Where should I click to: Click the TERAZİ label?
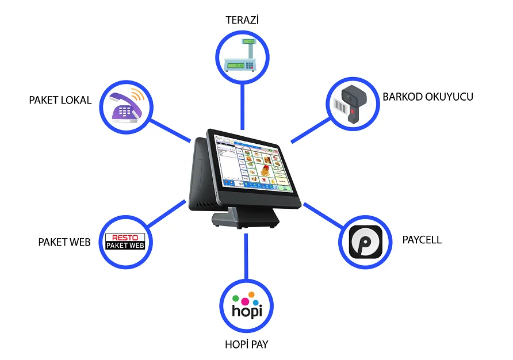pos(242,20)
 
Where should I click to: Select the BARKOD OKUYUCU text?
pos(428,97)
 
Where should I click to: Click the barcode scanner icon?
pos(350,104)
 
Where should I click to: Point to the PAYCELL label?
pos(422,240)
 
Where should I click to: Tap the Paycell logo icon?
pos(365,242)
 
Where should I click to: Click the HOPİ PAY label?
pos(247,344)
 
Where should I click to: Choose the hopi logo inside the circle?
pos(247,305)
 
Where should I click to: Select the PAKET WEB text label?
pos(64,242)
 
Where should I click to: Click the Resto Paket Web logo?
pos(125,242)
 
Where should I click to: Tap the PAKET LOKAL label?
pos(60,100)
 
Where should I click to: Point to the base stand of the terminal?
pos(246,217)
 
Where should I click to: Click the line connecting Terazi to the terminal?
pos(243,107)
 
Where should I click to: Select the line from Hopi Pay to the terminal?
pos(246,256)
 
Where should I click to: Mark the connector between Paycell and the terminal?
pos(323,215)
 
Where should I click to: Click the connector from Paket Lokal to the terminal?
pos(170,130)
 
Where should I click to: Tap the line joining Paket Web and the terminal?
pos(167,213)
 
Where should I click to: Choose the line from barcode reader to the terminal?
pos(311,130)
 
